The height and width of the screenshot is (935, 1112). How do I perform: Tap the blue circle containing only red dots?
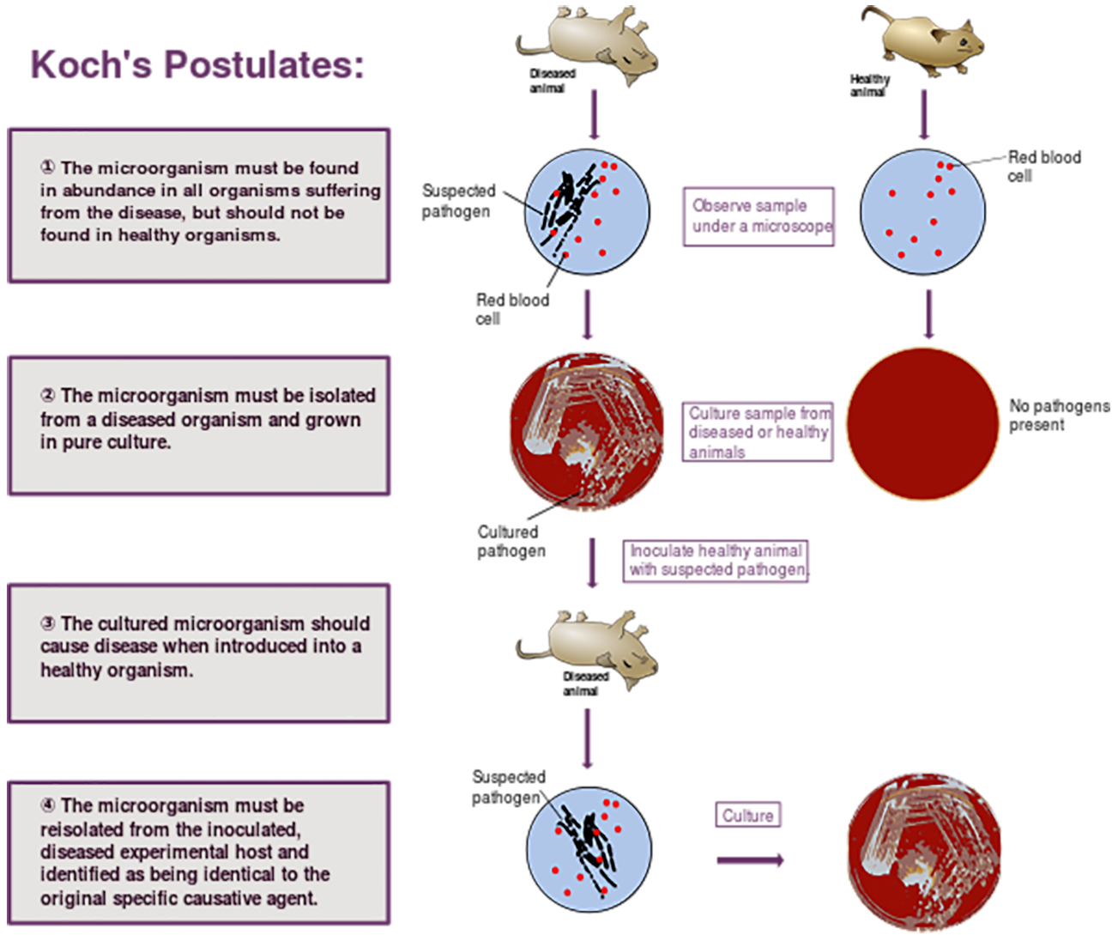click(x=922, y=211)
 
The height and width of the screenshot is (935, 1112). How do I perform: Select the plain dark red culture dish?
click(x=922, y=423)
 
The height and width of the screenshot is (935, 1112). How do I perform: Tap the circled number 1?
click(x=48, y=168)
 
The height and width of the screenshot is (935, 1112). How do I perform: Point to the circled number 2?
click(x=48, y=396)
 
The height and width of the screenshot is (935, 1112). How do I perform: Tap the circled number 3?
click(x=48, y=624)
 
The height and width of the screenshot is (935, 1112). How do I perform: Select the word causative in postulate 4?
click(x=237, y=899)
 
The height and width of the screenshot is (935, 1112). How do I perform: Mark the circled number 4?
click(x=48, y=805)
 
